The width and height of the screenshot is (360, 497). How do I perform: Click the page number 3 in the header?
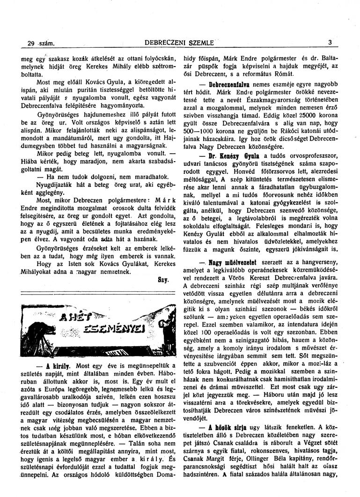click(x=330, y=44)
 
